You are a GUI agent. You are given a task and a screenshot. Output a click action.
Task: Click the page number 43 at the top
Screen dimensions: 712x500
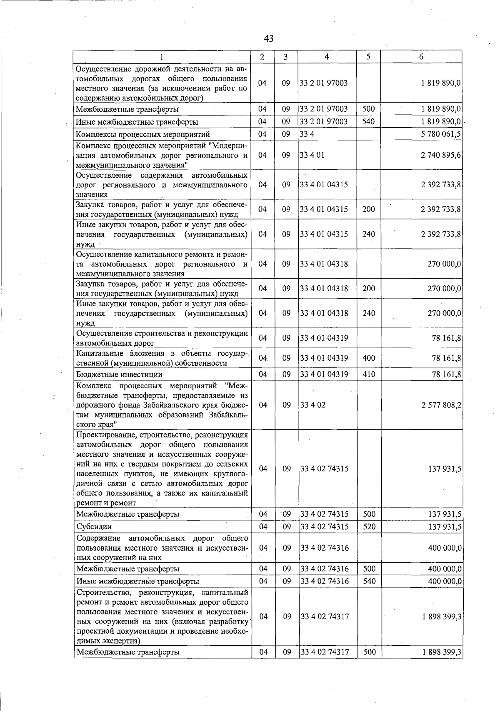tap(269, 39)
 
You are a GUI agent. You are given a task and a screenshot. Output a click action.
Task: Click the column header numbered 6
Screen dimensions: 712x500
tap(421, 57)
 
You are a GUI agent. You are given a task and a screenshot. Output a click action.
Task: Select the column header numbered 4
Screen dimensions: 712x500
tap(327, 57)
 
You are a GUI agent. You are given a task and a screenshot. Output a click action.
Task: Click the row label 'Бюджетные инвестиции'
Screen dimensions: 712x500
tap(119, 375)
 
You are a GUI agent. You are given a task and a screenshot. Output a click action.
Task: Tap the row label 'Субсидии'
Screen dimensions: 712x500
tap(94, 527)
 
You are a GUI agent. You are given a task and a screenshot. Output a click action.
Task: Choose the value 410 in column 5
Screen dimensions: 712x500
tap(369, 375)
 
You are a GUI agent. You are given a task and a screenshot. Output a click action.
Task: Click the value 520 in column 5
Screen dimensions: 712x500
tap(369, 527)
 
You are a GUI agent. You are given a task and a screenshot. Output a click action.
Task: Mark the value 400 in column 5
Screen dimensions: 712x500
tap(369, 358)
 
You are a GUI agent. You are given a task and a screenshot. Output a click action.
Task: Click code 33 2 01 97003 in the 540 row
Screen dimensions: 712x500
tap(324, 122)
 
